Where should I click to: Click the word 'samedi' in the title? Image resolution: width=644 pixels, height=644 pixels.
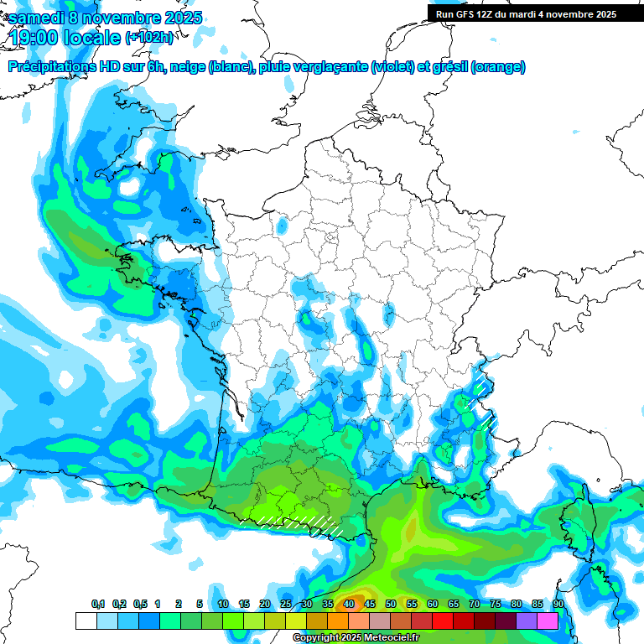tap(35, 17)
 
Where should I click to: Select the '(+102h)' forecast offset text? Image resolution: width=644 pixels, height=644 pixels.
tap(149, 38)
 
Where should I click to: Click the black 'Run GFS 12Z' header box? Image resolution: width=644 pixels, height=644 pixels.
tap(524, 13)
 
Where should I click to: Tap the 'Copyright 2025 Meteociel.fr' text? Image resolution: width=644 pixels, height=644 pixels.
tap(356, 638)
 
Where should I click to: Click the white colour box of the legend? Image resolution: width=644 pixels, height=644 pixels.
tap(86, 621)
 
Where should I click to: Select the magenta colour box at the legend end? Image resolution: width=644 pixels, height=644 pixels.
tap(548, 621)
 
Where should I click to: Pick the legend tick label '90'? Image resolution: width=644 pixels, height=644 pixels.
tap(558, 604)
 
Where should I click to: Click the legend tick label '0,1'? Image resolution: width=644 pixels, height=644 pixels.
tap(98, 604)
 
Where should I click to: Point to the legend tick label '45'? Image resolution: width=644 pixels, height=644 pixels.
tap(370, 604)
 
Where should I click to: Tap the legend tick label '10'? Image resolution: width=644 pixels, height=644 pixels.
tap(223, 604)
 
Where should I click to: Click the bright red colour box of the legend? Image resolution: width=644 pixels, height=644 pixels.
tap(443, 621)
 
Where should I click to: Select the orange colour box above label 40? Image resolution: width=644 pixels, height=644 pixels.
tap(338, 621)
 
